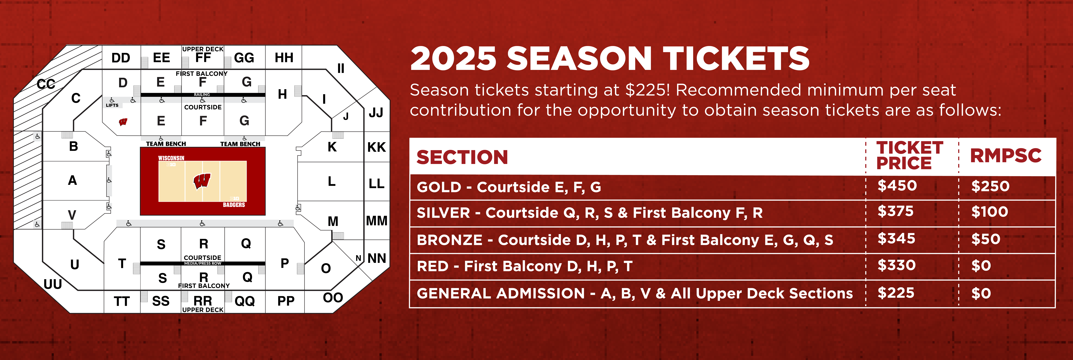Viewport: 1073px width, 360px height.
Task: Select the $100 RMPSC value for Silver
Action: tap(990, 212)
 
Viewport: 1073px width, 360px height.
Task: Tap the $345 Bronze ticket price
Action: tap(896, 239)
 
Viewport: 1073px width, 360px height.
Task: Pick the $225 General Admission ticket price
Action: tap(896, 293)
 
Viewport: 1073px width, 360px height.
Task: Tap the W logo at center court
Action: tap(202, 181)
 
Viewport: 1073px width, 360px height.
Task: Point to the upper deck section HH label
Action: tap(284, 58)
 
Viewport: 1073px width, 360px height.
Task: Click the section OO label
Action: tap(333, 297)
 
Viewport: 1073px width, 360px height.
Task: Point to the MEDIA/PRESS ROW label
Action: tap(203, 263)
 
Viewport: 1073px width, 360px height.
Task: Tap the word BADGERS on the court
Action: tap(234, 205)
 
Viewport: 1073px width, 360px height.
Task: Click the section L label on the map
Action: tap(332, 181)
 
